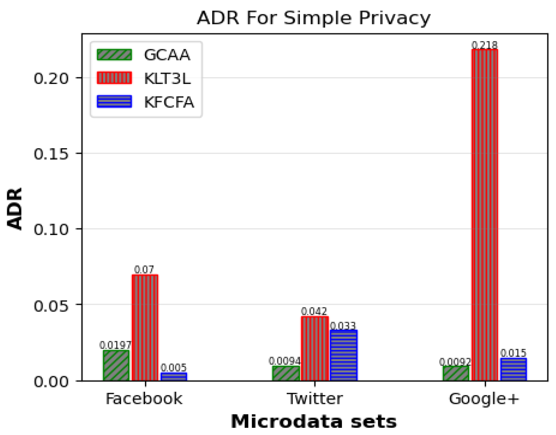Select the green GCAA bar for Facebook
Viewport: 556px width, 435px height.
coord(116,365)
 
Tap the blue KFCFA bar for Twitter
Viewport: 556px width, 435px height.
coord(343,355)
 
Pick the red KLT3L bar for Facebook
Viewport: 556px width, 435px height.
coord(145,328)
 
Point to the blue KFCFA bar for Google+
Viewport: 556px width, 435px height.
coord(513,369)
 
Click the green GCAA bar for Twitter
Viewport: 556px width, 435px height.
coord(286,373)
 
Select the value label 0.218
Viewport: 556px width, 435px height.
coord(484,45)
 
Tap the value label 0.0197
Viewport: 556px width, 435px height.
coord(115,345)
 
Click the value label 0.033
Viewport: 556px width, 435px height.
coord(343,326)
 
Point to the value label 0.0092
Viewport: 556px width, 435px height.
coord(455,362)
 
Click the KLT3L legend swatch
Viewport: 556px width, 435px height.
coord(114,78)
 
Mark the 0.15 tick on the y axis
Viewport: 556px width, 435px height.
coord(51,154)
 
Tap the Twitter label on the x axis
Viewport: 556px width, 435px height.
coord(315,399)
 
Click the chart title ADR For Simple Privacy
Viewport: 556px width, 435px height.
coord(313,18)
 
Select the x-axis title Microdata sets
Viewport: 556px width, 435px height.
coord(313,422)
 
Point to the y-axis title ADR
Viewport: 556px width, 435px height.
coord(15,208)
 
